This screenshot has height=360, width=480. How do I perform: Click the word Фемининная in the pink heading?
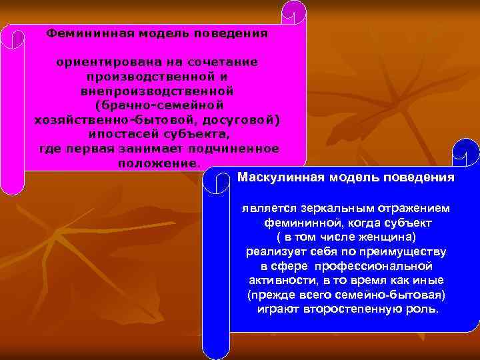click(79, 33)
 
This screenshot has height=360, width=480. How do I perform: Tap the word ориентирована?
click(96, 62)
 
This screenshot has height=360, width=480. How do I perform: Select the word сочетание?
click(228, 62)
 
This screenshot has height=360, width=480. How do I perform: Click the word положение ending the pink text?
click(157, 163)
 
